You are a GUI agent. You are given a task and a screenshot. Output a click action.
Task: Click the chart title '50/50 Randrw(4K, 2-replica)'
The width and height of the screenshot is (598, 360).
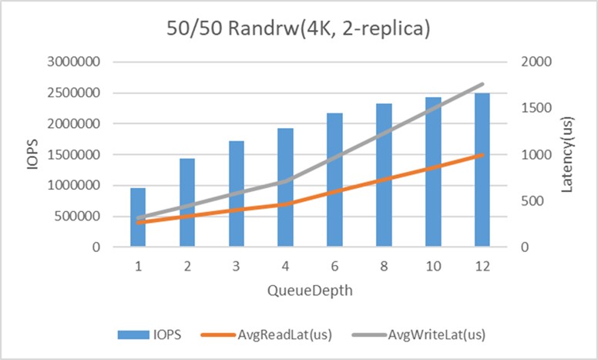(x=299, y=29)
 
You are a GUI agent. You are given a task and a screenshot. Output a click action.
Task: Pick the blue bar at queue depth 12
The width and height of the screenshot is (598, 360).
(x=482, y=170)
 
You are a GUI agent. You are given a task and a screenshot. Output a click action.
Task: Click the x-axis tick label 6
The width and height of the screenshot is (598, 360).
(x=334, y=266)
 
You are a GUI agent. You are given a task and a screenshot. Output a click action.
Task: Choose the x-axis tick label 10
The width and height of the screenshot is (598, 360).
(x=432, y=266)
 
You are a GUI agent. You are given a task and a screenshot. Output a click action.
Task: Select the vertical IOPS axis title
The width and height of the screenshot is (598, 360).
(x=34, y=154)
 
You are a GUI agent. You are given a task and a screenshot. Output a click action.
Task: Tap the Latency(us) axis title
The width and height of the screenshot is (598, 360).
(x=568, y=154)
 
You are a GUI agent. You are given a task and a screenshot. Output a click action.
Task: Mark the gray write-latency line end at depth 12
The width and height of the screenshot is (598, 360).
(x=482, y=84)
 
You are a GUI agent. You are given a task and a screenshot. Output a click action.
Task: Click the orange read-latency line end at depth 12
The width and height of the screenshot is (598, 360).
(x=482, y=155)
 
